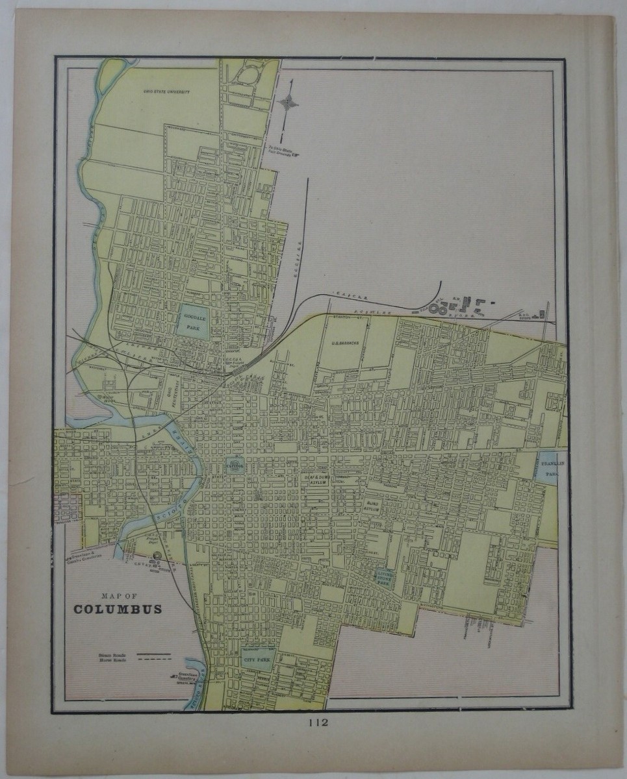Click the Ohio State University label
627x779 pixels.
167,93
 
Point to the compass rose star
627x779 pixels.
288,102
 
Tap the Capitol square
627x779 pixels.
235,464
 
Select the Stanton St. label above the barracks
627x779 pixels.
341,318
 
